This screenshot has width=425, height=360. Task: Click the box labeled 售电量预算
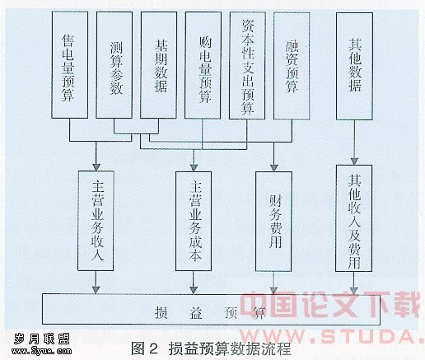[70, 65]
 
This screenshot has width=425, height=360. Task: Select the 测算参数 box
[114, 65]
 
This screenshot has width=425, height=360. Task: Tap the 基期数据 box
[158, 65]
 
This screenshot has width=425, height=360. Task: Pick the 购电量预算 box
[203, 65]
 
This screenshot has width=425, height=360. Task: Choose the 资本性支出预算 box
[247, 66]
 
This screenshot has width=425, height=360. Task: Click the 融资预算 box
[292, 66]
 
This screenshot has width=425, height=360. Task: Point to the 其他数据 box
[354, 66]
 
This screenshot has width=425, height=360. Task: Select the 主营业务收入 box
[96, 221]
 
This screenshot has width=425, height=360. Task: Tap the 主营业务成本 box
[194, 221]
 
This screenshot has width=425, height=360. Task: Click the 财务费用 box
[273, 222]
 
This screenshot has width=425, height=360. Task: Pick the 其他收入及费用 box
[354, 218]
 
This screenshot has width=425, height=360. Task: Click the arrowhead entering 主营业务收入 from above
[96, 167]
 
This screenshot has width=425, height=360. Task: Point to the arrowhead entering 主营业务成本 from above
[194, 167]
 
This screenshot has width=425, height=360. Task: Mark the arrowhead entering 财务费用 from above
[274, 168]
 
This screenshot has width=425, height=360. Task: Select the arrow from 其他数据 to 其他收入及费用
[354, 143]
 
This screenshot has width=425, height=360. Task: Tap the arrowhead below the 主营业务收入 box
[96, 290]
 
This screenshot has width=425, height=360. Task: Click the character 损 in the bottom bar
[161, 312]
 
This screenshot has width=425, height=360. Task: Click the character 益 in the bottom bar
[196, 312]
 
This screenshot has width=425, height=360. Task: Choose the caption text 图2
[145, 348]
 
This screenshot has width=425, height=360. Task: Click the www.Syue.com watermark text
[41, 351]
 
